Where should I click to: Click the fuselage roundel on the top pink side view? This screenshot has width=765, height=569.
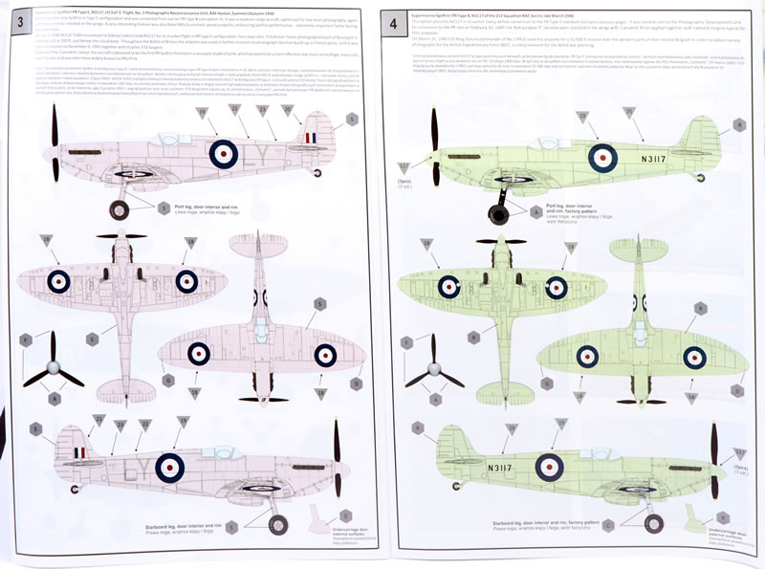[x=223, y=152]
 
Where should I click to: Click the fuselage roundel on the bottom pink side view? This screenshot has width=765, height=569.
[x=170, y=467]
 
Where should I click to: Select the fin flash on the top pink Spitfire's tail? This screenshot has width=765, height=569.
[x=308, y=139]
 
